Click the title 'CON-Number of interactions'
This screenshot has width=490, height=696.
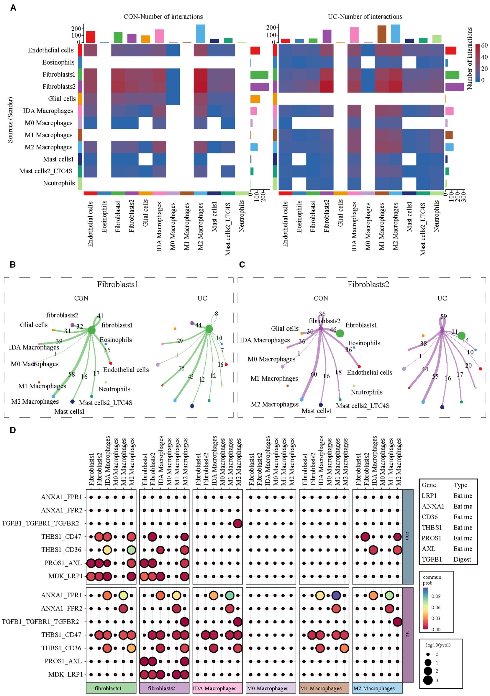(x=163, y=17)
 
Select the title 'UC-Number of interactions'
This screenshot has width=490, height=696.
(x=365, y=17)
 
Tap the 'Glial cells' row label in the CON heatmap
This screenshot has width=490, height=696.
(x=62, y=99)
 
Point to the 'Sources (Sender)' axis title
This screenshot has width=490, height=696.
(x=11, y=120)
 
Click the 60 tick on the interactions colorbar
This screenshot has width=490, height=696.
(x=484, y=46)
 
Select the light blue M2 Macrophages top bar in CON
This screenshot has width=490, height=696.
(x=201, y=34)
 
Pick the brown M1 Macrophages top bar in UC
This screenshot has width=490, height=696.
(x=381, y=34)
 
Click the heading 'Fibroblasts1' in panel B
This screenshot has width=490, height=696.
(x=117, y=284)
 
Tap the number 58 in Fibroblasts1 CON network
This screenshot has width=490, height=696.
(x=71, y=375)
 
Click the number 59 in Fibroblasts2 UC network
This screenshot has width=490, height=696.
(x=443, y=316)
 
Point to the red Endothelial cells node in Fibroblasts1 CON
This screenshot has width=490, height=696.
(x=111, y=363)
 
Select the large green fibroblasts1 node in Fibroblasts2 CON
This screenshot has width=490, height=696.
(x=340, y=334)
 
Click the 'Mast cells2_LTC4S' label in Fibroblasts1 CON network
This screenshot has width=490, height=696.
(x=106, y=403)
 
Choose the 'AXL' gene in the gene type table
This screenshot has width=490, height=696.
(x=428, y=549)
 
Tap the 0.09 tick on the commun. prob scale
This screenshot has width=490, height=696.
(x=436, y=596)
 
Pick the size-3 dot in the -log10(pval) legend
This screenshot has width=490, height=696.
(x=428, y=680)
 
